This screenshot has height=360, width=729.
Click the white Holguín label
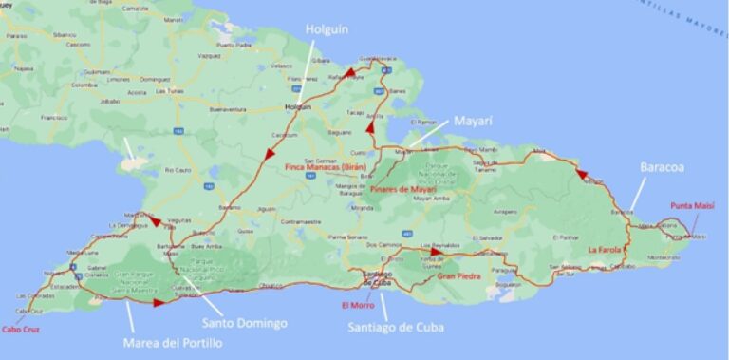322,29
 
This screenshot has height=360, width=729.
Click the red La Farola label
604,250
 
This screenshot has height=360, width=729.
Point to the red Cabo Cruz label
21,329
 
